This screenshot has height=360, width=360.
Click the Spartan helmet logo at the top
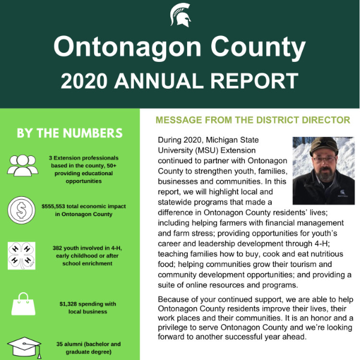pyautogui.click(x=180, y=14)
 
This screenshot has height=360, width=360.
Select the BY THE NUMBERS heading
pyautogui.click(x=70, y=133)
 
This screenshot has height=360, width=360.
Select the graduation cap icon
pyautogui.click(x=23, y=347)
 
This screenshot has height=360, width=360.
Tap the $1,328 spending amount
pyautogui.click(x=71, y=304)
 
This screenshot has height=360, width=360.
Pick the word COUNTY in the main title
pyautogui.click(x=256, y=47)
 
